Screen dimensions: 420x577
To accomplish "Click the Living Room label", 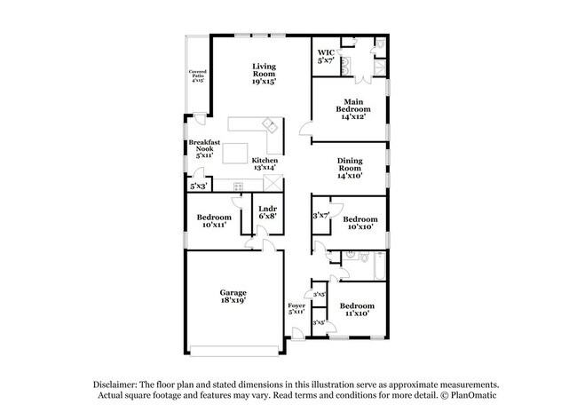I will (x=264, y=73).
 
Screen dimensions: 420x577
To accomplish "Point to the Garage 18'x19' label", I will (x=233, y=297).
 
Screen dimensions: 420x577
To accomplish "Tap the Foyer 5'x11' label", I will (x=296, y=308).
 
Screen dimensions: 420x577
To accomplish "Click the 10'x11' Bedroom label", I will (x=214, y=221).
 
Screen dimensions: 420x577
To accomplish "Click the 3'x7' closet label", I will (x=320, y=216).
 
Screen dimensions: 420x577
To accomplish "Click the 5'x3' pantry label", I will (x=197, y=186).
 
